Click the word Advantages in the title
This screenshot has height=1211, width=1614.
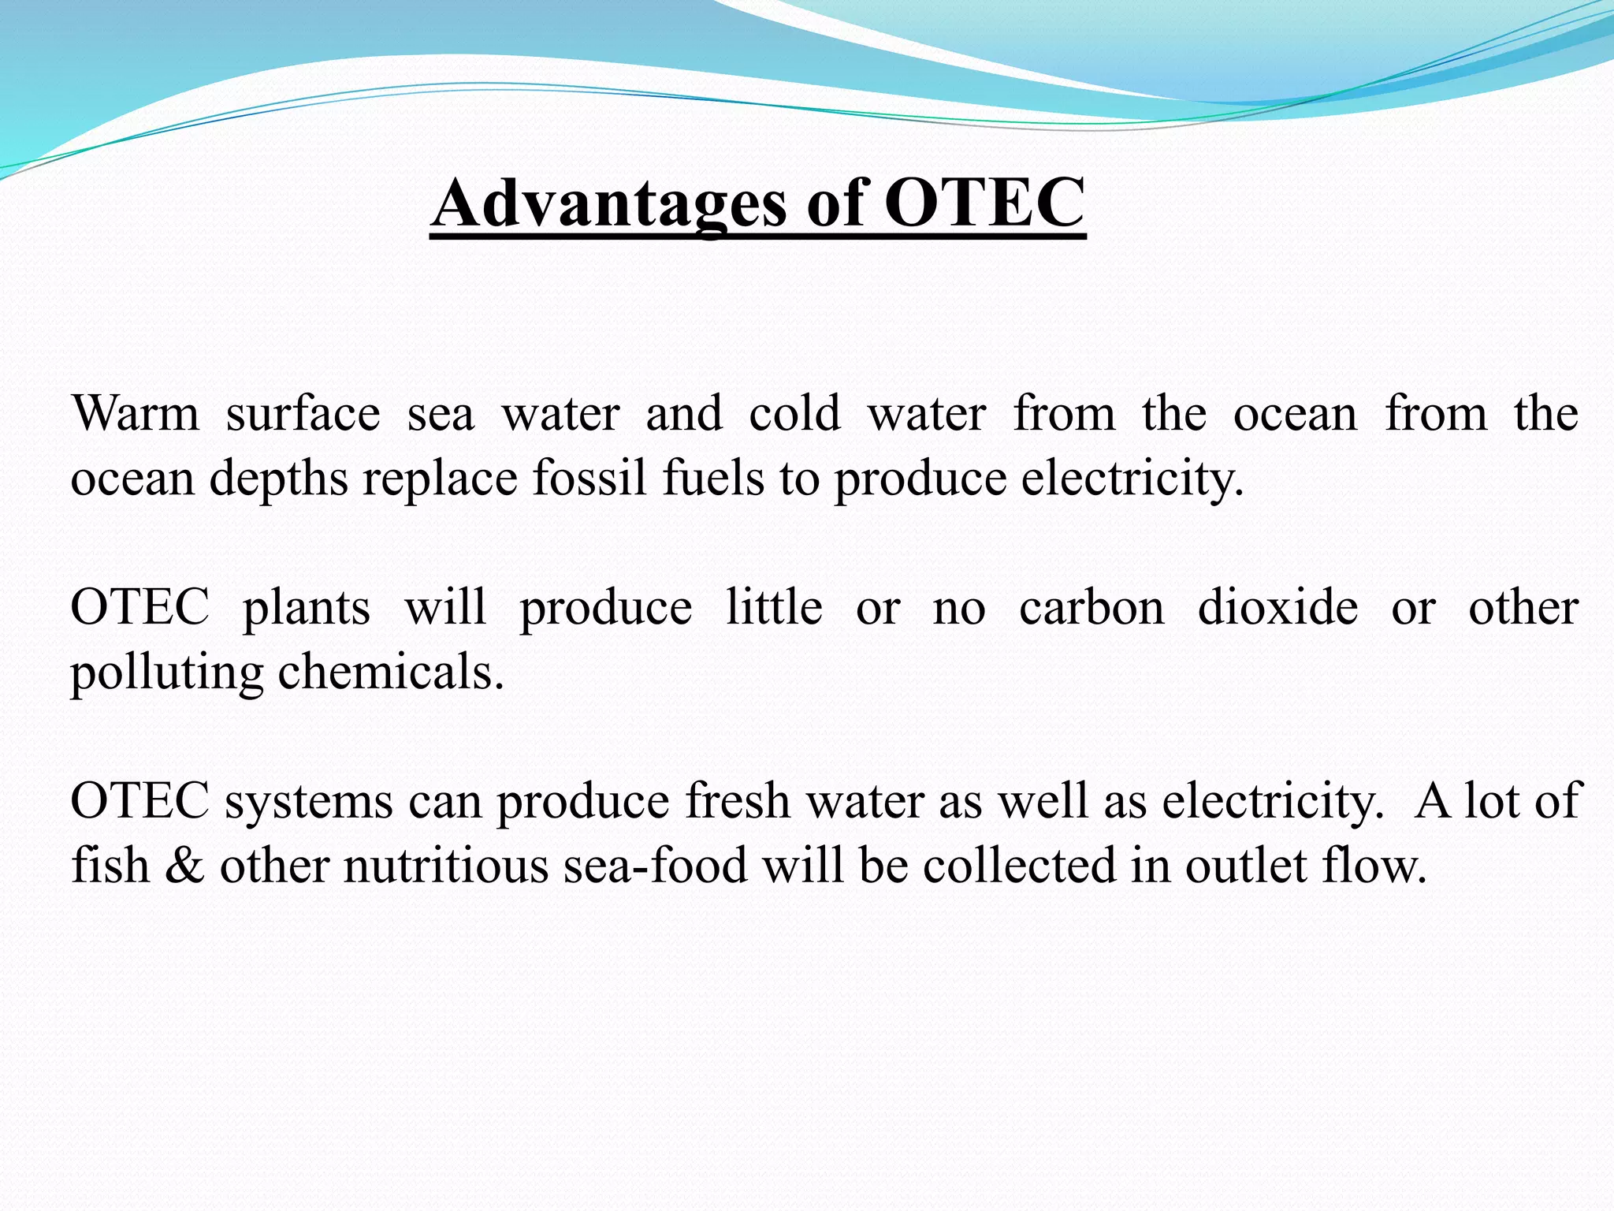[608, 203]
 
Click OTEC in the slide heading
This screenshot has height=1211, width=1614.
[984, 203]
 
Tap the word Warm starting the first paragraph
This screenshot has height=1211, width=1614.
[136, 414]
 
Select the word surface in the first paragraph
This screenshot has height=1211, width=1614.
[303, 414]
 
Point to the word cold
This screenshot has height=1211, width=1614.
[794, 414]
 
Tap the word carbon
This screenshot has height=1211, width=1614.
[1091, 608]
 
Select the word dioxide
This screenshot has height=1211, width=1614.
[1277, 608]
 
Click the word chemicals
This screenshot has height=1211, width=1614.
[391, 673]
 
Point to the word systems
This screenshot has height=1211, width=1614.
[309, 803]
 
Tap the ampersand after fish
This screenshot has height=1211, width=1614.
[185, 866]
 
